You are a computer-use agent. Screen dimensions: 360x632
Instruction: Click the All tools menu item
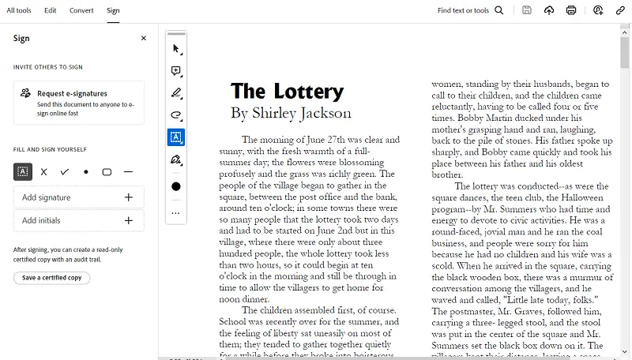pos(19,10)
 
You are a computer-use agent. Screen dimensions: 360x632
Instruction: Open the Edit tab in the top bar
pos(51,10)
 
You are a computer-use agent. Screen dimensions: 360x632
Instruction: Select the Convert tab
pos(81,10)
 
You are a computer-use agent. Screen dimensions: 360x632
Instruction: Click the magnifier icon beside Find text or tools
pos(499,10)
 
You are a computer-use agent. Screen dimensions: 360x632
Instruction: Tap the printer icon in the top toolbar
pos(571,10)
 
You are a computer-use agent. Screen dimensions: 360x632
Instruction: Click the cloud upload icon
pos(549,10)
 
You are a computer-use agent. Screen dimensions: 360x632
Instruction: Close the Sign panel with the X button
pos(143,38)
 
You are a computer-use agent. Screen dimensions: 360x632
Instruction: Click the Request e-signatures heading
pos(72,93)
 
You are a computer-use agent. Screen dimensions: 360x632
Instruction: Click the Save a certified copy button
pos(51,278)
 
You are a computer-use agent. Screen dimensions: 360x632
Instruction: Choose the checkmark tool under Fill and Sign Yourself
pos(65,171)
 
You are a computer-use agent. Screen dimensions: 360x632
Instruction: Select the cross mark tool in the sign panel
pos(43,171)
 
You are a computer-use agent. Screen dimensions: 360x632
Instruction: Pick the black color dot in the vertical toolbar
pos(176,186)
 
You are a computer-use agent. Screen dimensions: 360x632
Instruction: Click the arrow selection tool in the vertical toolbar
pos(176,48)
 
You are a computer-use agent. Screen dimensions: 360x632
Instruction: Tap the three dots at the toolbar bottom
pos(176,212)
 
